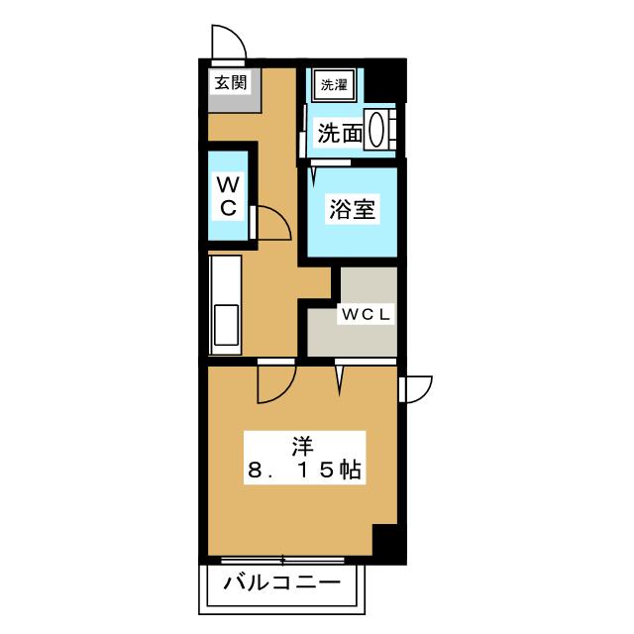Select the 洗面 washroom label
coord(339,133)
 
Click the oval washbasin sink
coord(377,130)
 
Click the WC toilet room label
coord(228,195)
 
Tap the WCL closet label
coord(368,315)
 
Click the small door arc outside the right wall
coord(415,388)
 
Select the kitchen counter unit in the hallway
coord(225,302)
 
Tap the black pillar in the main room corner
coord(386,542)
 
